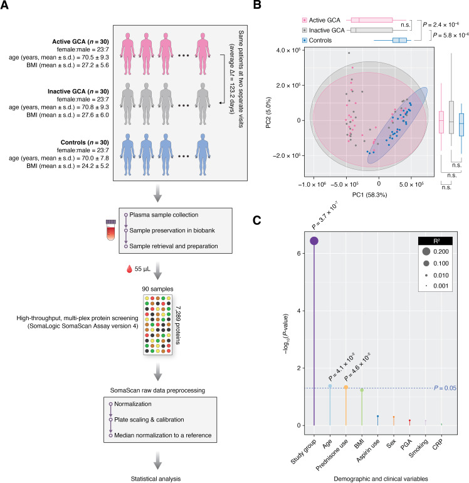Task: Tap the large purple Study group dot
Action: (314, 241)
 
